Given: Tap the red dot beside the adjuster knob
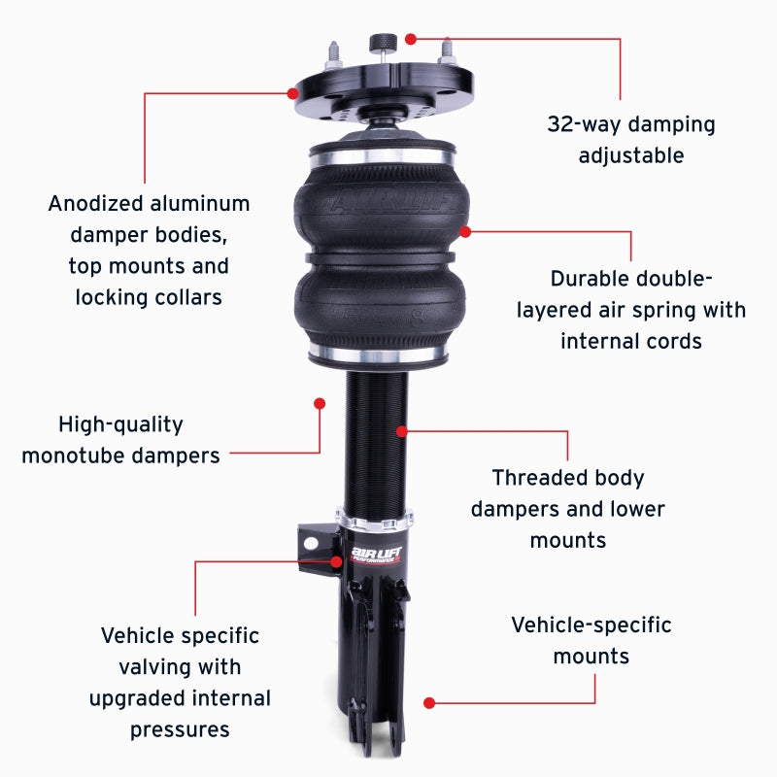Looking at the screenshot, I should tap(411, 39).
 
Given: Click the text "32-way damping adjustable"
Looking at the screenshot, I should tap(630, 140).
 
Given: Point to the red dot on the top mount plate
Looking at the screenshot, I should tap(292, 93).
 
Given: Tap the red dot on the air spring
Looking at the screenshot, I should tap(465, 231).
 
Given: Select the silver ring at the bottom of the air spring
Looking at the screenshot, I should tap(380, 353).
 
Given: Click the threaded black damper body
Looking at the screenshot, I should tap(378, 437).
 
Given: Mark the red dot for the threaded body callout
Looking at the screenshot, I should tap(401, 428).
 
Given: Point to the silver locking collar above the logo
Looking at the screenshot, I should tap(378, 517).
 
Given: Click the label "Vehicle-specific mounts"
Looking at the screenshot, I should tap(591, 640).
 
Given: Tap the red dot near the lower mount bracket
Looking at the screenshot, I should tap(428, 701).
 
